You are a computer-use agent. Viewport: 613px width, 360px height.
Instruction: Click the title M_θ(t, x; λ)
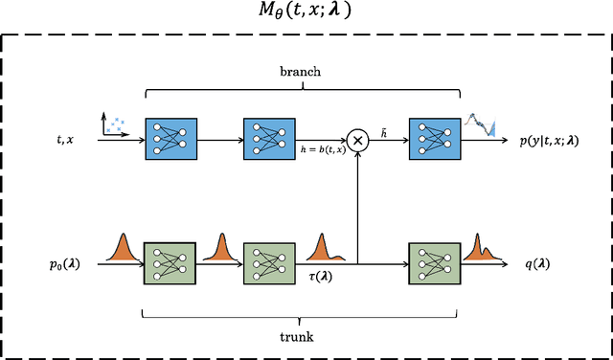306,13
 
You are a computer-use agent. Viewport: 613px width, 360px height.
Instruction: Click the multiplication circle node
357,140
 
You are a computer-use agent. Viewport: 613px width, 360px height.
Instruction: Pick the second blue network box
265,140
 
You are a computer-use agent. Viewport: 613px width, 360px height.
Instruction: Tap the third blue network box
431,140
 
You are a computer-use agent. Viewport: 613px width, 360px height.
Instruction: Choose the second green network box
265,259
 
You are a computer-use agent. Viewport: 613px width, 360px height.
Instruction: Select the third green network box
431,259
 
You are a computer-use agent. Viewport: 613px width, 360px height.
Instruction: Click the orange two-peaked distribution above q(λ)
482,246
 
